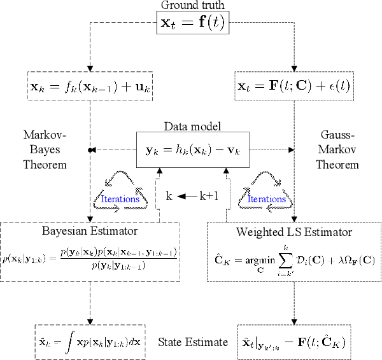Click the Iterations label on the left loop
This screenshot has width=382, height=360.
pyautogui.click(x=120, y=199)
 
